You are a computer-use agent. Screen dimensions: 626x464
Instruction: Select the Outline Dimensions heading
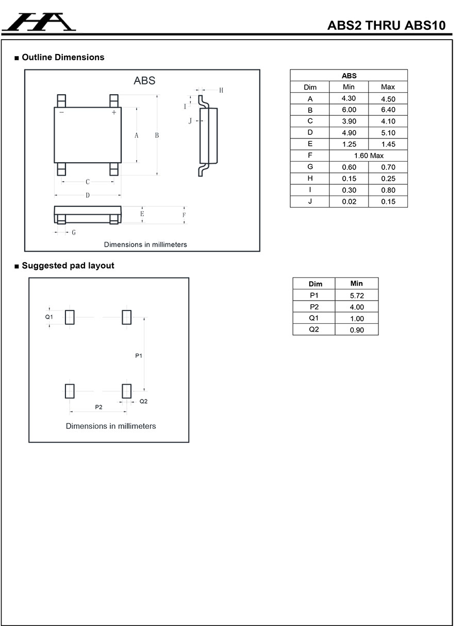[x=62, y=57]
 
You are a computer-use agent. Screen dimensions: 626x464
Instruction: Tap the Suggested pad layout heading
[x=68, y=266]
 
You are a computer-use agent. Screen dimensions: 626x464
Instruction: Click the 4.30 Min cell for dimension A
[x=349, y=98]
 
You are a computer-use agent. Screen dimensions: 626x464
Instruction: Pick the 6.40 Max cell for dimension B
[x=388, y=110]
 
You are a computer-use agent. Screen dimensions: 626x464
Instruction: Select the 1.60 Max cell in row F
[x=368, y=155]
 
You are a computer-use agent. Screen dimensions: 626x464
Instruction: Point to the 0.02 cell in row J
[x=349, y=201]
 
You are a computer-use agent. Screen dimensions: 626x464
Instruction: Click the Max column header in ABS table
[x=388, y=87]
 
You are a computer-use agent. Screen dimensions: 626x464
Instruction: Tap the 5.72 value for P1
[x=357, y=295]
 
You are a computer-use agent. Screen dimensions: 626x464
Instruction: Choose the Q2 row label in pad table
[x=314, y=329]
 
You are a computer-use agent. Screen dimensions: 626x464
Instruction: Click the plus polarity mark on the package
[x=114, y=112]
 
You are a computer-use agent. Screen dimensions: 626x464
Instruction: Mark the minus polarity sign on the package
[x=61, y=112]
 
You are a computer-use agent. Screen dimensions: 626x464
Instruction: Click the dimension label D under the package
[x=88, y=196]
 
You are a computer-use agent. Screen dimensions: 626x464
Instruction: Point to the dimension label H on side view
[x=221, y=91]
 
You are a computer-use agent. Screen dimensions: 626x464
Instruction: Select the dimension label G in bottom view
[x=74, y=233]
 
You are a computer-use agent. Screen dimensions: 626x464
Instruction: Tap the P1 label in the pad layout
[x=139, y=355]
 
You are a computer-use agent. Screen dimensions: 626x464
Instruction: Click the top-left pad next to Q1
[x=70, y=318]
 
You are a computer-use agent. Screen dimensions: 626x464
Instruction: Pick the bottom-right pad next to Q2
[x=126, y=391]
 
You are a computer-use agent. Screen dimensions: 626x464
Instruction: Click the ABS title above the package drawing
[x=144, y=81]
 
